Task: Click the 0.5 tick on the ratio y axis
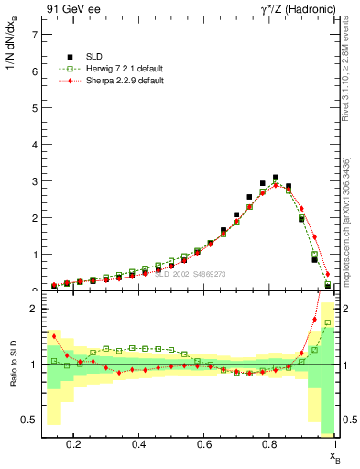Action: coord(31,420)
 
